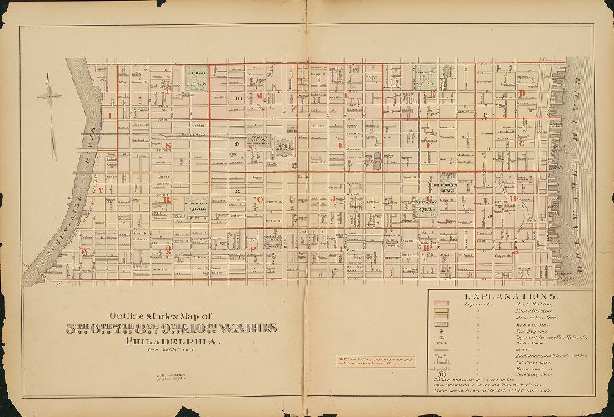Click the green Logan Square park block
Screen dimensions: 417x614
197,79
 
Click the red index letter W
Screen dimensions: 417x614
85,249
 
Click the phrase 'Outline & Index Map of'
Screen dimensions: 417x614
150,313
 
